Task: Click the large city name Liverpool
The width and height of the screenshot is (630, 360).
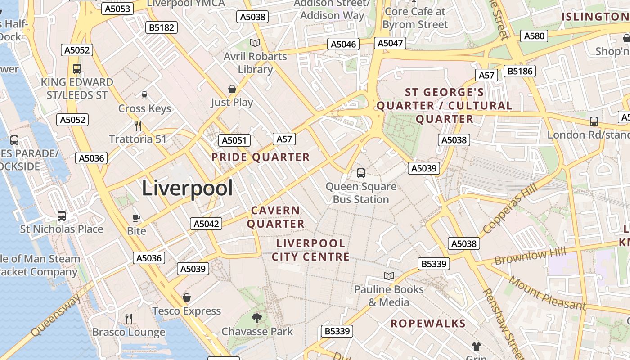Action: (187, 188)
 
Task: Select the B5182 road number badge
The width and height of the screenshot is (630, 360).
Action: (162, 27)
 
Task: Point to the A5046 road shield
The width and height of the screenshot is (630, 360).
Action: (344, 44)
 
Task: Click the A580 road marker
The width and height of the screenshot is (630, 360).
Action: (534, 36)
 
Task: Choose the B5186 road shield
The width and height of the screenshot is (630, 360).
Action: (520, 71)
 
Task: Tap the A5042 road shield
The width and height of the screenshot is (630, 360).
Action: (206, 224)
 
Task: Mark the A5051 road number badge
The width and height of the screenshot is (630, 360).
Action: (234, 140)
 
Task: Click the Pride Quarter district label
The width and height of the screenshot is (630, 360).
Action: (261, 157)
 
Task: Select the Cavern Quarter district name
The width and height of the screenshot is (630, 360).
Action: (276, 217)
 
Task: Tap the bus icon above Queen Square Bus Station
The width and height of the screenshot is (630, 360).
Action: (360, 173)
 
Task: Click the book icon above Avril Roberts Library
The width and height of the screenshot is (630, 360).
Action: (255, 43)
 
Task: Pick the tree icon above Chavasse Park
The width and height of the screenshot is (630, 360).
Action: (257, 318)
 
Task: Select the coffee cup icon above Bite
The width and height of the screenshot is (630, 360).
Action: (136, 218)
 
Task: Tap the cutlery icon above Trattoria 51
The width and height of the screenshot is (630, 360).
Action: (138, 126)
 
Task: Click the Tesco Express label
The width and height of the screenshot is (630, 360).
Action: (187, 311)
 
